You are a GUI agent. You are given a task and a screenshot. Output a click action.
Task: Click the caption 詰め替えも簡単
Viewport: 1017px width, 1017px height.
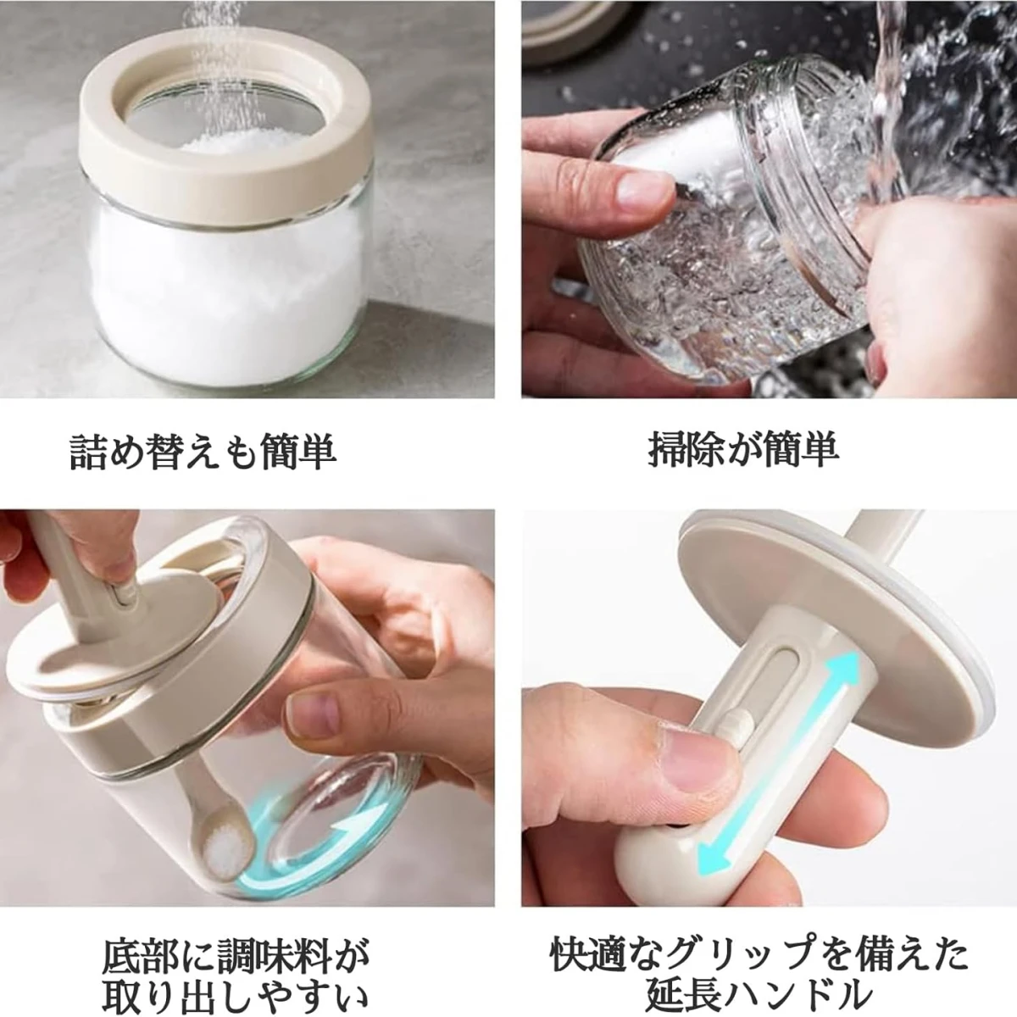click(x=203, y=450)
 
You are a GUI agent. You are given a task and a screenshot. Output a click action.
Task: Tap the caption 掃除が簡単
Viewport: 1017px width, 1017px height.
click(x=743, y=449)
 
